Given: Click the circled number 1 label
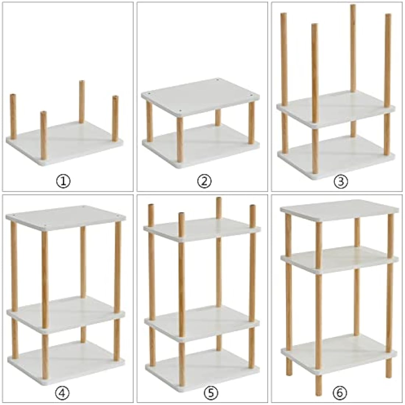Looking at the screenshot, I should coord(63,181).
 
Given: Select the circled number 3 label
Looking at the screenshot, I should coord(341,181).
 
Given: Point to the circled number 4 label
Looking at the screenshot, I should coord(63,393).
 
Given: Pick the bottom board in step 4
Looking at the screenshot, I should coord(66,357).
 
